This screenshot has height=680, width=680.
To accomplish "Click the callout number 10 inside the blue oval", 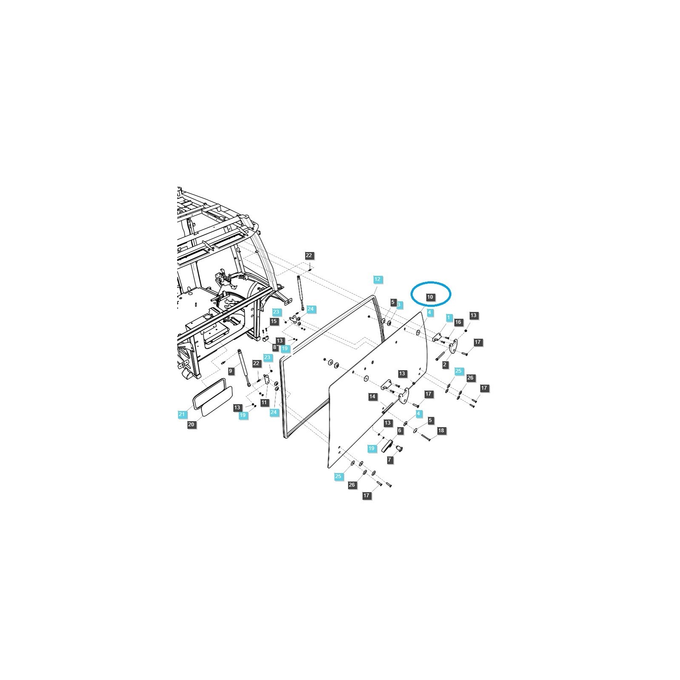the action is click(x=430, y=297).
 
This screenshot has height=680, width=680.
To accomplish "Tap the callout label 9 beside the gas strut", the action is click(x=231, y=371).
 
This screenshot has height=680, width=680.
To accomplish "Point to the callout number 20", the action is click(x=191, y=424).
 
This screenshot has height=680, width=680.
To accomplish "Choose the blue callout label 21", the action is click(x=182, y=414).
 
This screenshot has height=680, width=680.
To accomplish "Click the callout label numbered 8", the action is click(x=275, y=347).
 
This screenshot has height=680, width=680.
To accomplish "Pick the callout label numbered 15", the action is click(x=274, y=321).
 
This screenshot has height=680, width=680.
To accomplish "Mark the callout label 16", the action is click(x=458, y=322).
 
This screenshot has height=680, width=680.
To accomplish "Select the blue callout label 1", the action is click(x=448, y=317).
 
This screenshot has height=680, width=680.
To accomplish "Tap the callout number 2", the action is click(x=445, y=365).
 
